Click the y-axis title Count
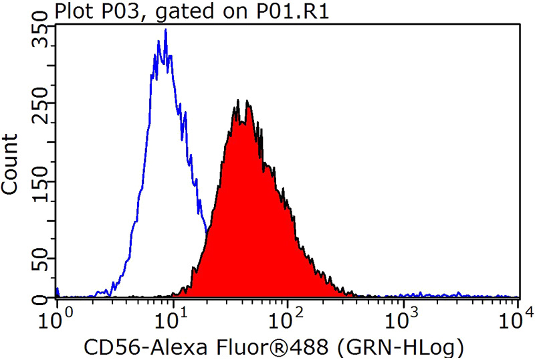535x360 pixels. [11, 164]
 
